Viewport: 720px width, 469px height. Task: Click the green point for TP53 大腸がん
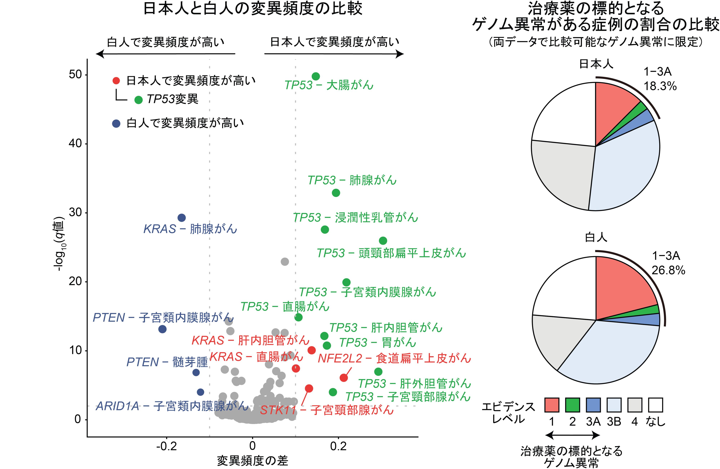point(316,76)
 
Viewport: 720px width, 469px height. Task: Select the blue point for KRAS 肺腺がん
point(181,218)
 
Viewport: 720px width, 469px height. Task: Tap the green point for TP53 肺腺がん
point(336,193)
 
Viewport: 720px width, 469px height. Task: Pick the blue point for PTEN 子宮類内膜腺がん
point(163,329)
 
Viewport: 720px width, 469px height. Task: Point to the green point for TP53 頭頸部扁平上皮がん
point(383,241)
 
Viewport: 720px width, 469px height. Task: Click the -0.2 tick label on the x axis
point(166,446)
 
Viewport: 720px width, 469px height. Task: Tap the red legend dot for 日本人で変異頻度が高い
point(116,81)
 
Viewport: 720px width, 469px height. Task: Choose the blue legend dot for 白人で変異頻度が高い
point(116,123)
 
